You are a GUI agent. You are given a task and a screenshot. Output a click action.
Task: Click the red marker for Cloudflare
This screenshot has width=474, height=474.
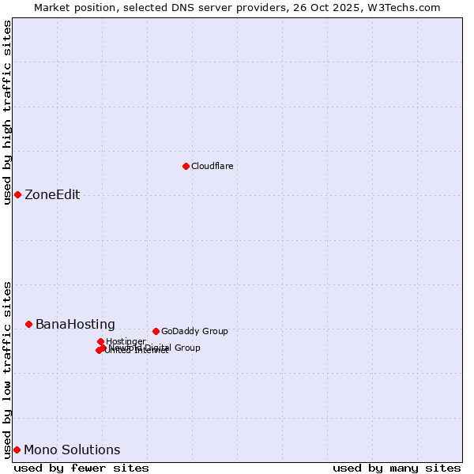point(186,166)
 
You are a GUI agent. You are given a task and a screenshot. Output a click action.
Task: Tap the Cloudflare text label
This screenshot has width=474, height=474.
point(212,166)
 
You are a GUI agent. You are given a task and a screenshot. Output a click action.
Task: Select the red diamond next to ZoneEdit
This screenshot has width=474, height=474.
point(17,194)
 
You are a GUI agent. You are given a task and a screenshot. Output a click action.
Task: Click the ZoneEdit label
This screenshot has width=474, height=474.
point(52,195)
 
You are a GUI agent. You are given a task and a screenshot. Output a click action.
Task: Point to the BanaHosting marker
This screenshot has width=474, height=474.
point(28,324)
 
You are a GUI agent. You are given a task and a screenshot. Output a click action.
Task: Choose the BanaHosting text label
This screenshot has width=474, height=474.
point(75,325)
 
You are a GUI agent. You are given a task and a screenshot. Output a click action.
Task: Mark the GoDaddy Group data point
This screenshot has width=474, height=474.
point(156,331)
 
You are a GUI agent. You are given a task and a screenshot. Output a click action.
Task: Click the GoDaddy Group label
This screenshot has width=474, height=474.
point(194,331)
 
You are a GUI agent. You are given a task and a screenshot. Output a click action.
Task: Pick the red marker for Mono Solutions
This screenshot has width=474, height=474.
point(17,450)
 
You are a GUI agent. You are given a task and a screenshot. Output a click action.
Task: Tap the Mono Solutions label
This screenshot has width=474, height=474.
point(72,450)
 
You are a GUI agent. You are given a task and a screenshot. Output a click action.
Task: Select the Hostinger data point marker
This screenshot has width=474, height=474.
point(100,341)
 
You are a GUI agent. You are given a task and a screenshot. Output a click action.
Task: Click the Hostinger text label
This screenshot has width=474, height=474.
point(126,341)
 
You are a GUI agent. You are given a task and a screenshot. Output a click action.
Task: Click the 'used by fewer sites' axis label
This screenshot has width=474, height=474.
point(81,468)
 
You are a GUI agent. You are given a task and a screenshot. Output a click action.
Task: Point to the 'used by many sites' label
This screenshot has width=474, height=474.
point(397,468)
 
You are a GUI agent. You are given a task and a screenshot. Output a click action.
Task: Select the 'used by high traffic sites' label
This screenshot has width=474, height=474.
point(8,112)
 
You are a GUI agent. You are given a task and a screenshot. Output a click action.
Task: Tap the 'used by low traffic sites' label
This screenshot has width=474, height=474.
point(8,370)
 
